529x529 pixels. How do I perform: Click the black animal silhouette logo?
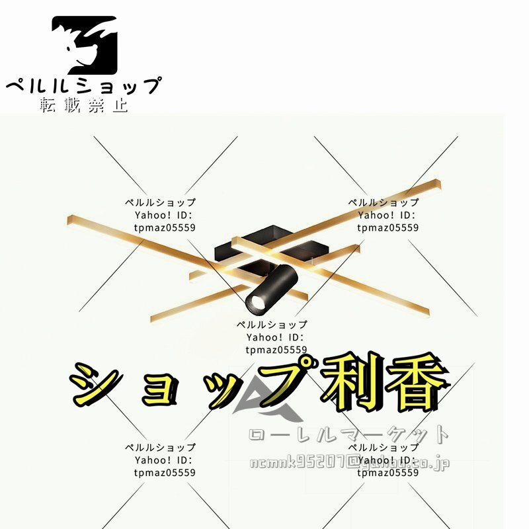click(85, 45)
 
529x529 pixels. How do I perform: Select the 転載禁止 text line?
click(84, 105)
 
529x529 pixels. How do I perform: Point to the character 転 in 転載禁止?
click(50, 105)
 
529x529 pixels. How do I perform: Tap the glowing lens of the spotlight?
click(253, 304)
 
